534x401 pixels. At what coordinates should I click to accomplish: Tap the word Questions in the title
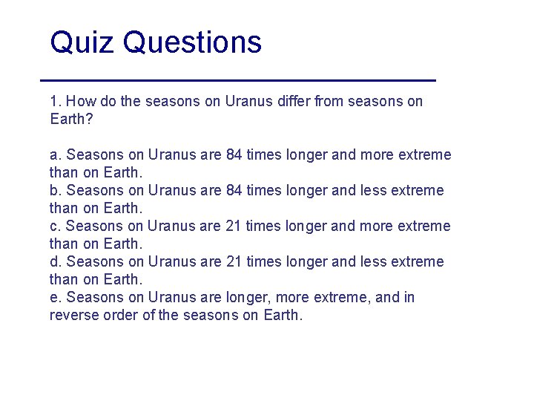192,42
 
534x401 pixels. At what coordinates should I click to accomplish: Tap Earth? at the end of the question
70,119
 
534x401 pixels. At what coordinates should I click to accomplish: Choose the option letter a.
54,154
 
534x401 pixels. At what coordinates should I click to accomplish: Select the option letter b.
54,190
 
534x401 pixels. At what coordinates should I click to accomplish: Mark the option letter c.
54,226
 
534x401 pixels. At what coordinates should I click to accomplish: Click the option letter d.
54,261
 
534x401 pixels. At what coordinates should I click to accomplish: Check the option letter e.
54,297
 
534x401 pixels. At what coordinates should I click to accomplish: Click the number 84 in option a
234,154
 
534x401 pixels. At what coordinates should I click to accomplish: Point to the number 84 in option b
234,190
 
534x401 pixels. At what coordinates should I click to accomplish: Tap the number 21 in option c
233,226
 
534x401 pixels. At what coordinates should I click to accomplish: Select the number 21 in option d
233,261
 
